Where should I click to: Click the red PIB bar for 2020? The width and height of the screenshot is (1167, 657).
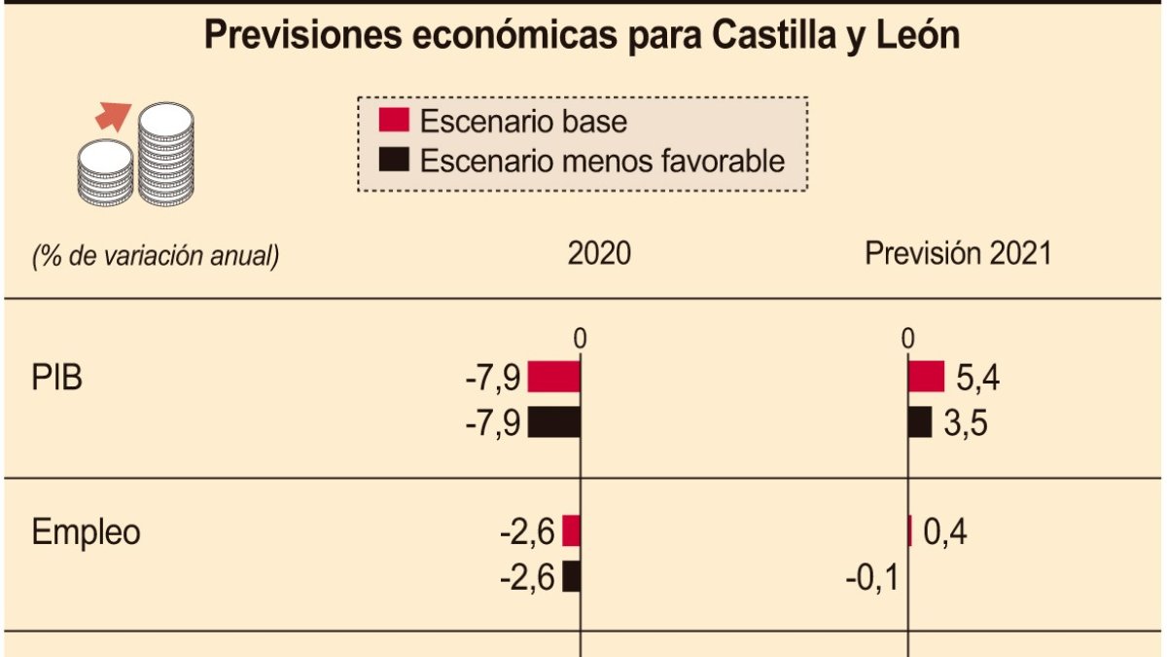[x=554, y=377]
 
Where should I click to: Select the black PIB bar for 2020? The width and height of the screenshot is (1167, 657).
[x=554, y=421]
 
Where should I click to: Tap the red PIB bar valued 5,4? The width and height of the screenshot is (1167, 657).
[x=926, y=377]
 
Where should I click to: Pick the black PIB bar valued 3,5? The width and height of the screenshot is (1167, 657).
[x=920, y=421]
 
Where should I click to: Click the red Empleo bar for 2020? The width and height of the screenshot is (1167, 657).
[x=572, y=531]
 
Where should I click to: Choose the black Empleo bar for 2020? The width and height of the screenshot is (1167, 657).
[x=572, y=576]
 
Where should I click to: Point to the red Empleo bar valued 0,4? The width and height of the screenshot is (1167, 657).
[x=910, y=531]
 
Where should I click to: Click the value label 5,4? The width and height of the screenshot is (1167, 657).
[x=978, y=378]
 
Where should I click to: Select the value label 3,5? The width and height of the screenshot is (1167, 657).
[x=967, y=423]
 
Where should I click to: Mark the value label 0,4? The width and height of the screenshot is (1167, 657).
[x=945, y=532]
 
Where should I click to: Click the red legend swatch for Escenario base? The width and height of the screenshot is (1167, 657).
[x=393, y=121]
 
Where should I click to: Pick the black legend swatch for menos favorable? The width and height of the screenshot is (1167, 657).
[x=393, y=160]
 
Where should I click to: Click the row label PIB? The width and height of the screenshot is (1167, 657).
[x=57, y=378]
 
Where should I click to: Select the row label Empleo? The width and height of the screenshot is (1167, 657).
[x=87, y=532]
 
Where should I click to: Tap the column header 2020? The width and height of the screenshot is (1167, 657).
[x=599, y=254]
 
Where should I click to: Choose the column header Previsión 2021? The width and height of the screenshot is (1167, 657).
[x=958, y=254]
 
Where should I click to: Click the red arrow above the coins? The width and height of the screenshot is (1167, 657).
[x=112, y=117]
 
